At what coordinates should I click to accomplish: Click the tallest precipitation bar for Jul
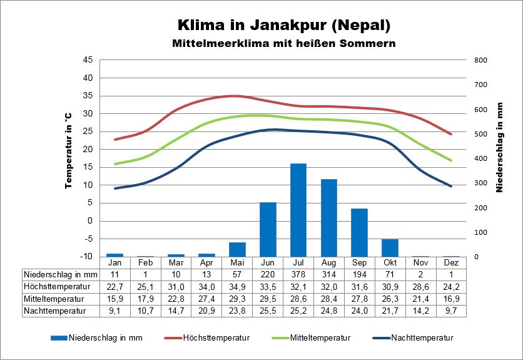click(x=298, y=210)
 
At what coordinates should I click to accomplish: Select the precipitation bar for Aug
click(x=329, y=218)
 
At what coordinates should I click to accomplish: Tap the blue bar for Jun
click(x=268, y=229)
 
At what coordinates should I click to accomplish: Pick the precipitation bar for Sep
click(x=359, y=232)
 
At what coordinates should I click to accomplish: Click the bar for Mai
click(x=237, y=249)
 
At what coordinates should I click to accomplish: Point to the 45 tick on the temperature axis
click(x=88, y=60)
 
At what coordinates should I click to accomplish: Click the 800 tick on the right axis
click(x=480, y=60)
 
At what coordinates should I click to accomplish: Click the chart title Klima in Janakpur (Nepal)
click(x=284, y=25)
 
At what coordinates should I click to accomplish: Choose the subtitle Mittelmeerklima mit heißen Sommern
click(x=284, y=44)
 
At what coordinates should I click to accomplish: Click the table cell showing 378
click(x=298, y=274)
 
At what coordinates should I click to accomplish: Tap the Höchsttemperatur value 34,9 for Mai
click(x=237, y=286)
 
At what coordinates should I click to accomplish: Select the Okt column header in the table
click(x=390, y=262)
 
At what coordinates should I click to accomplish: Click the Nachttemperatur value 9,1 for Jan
click(x=114, y=310)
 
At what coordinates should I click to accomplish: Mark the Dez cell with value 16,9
click(x=451, y=298)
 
